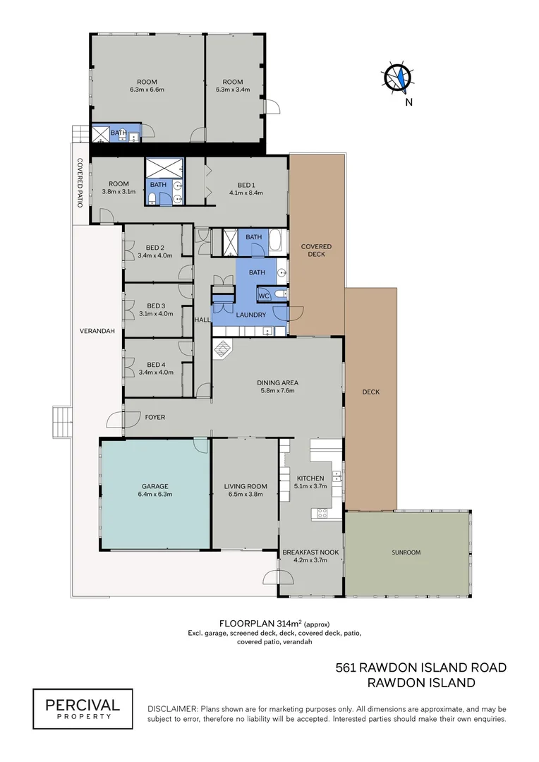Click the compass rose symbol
pyautogui.click(x=399, y=78)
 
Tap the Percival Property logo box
pyautogui.click(x=83, y=708)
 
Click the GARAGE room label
pyautogui.click(x=155, y=486)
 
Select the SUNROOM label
pyautogui.click(x=406, y=552)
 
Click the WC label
pyautogui.click(x=264, y=296)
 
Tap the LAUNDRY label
pyautogui.click(x=250, y=315)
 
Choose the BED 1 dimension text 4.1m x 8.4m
pyautogui.click(x=246, y=193)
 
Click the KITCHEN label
pyautogui.click(x=310, y=478)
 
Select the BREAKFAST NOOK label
pyautogui.click(x=310, y=552)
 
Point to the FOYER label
pyautogui.click(x=155, y=417)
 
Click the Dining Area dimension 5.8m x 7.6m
pyautogui.click(x=277, y=390)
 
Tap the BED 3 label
pyautogui.click(x=156, y=306)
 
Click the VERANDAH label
pyautogui.click(x=97, y=331)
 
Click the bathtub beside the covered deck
pyautogui.click(x=275, y=241)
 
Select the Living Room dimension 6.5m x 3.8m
pyautogui.click(x=246, y=494)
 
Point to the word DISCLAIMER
pyautogui.click(x=173, y=709)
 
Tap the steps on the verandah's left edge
pyautogui.click(x=62, y=422)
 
